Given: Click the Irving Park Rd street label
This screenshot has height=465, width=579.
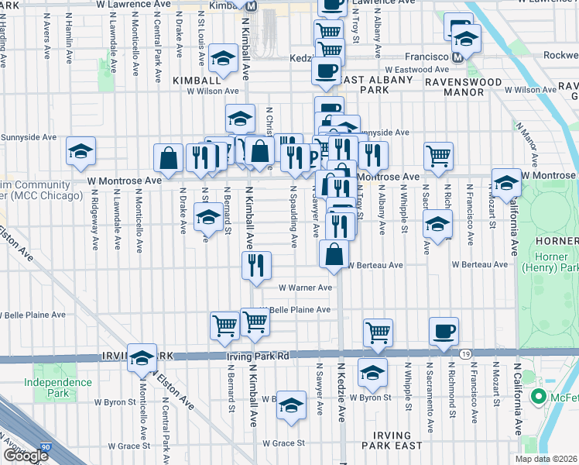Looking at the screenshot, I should point(258,356).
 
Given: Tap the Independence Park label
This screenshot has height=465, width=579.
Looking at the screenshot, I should point(57,387).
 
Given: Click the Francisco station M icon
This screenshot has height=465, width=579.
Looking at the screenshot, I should point(458,57).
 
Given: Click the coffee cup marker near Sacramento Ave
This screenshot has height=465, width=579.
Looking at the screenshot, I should point(444,331).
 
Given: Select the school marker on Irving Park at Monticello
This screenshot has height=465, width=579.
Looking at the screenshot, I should point(142,358).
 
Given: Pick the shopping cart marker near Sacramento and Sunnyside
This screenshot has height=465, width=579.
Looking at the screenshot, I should point(438,155).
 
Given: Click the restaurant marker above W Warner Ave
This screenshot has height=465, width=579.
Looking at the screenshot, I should point(256,265).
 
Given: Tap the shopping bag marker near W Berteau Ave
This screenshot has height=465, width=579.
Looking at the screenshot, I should point(334,254).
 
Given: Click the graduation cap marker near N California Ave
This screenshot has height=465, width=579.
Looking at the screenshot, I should point(506,184).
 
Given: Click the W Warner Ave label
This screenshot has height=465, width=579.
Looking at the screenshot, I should point(306,288).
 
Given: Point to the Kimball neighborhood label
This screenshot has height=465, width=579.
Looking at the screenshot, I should point(197,81).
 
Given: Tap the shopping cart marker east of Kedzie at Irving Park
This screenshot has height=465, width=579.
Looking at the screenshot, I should point(378,332).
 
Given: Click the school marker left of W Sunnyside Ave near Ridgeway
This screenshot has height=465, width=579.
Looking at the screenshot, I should point(80,152).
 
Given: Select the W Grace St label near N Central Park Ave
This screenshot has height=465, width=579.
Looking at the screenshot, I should point(128,446).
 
